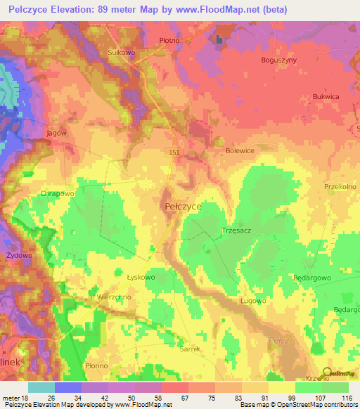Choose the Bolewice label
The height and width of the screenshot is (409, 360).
(239, 150)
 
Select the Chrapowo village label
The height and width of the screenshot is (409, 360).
(57, 193)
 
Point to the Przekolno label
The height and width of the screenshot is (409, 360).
(341, 187)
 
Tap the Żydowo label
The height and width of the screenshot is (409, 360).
(19, 256)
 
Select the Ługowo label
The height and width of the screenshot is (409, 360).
(252, 301)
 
